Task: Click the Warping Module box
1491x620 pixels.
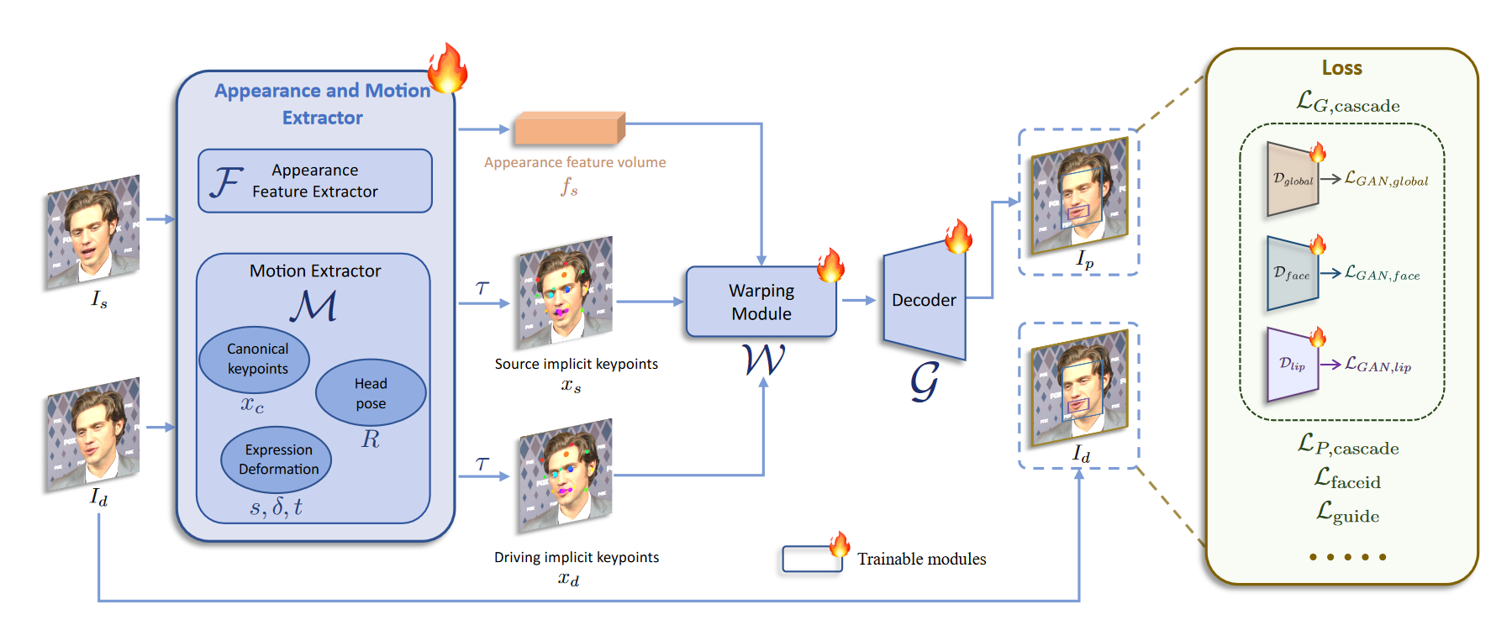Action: pos(761,302)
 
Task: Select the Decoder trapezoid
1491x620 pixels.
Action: pos(924,300)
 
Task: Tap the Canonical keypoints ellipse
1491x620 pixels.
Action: pos(255,359)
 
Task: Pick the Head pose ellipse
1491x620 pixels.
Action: pos(371,392)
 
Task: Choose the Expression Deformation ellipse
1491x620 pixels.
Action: pos(277,460)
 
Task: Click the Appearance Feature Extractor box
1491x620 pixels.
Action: pos(315,181)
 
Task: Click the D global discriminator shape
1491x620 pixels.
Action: pos(1292,180)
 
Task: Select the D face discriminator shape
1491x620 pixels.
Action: pos(1292,274)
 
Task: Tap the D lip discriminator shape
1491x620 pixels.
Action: pos(1292,365)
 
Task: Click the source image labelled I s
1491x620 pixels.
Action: pos(92,232)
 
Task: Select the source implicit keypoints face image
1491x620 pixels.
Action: pos(566,292)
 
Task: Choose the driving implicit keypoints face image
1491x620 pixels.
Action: pos(566,475)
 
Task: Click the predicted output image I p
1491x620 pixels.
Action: pos(1079,196)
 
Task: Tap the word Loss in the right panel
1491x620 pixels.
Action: pos(1341,68)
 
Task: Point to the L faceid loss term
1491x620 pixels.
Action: pos(1347,480)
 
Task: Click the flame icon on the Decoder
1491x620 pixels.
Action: pos(957,236)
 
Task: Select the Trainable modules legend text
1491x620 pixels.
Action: pos(921,559)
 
